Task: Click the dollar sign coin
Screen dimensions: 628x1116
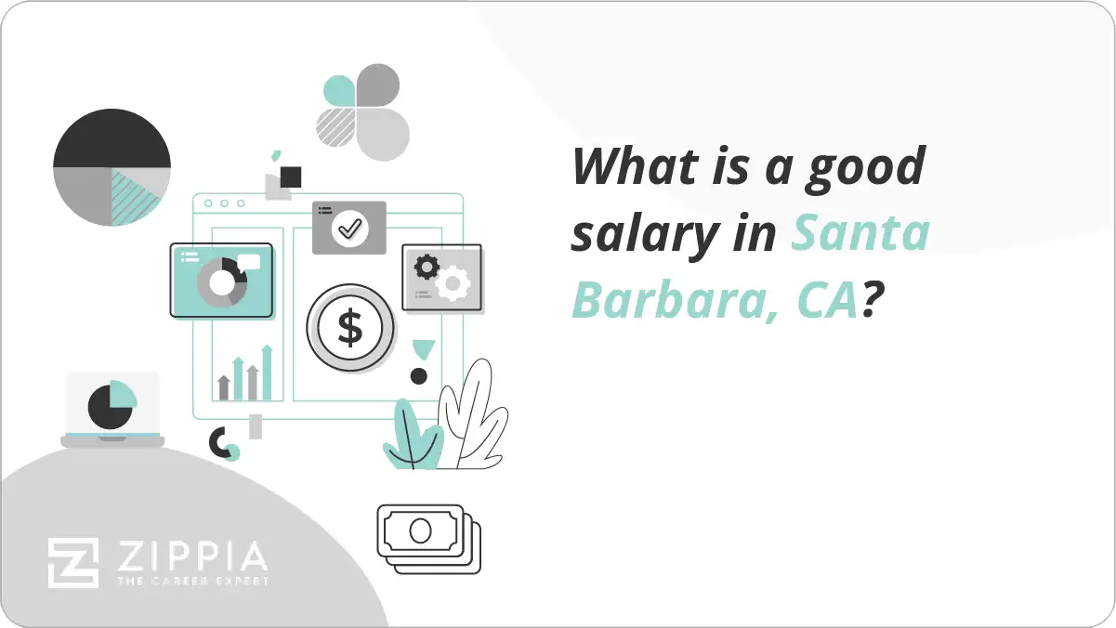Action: [x=350, y=328]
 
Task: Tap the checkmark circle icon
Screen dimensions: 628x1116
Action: [x=349, y=227]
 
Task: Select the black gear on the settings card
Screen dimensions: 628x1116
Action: [x=427, y=268]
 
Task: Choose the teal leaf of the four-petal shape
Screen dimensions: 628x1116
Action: [x=339, y=90]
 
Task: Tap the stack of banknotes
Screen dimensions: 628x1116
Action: [x=428, y=538]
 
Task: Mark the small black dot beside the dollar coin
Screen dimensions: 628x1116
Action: [x=419, y=376]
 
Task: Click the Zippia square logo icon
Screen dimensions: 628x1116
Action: [x=73, y=562]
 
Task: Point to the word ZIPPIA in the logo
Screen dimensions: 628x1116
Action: [x=190, y=557]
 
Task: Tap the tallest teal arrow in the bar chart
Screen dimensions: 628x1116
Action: [x=267, y=372]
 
